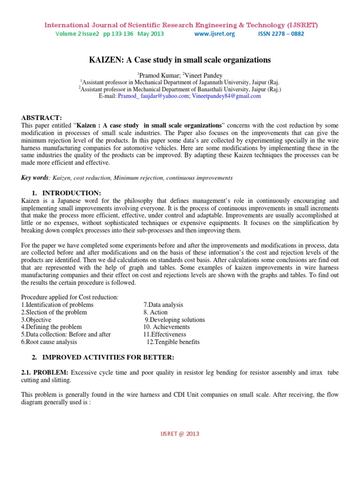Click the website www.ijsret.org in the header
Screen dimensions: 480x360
(x=214, y=34)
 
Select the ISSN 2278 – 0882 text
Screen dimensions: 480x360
(x=281, y=34)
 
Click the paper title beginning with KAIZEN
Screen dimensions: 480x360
(x=180, y=60)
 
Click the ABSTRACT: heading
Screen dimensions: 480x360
(x=42, y=118)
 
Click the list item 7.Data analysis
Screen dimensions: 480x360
(x=163, y=305)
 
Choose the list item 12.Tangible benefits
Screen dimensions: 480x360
(x=173, y=342)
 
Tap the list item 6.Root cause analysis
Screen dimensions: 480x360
(x=49, y=342)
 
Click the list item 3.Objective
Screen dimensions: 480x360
(x=37, y=320)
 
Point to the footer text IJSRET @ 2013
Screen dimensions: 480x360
(x=180, y=434)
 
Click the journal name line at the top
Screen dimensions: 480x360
(x=180, y=24)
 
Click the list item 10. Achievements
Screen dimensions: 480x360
(x=166, y=327)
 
